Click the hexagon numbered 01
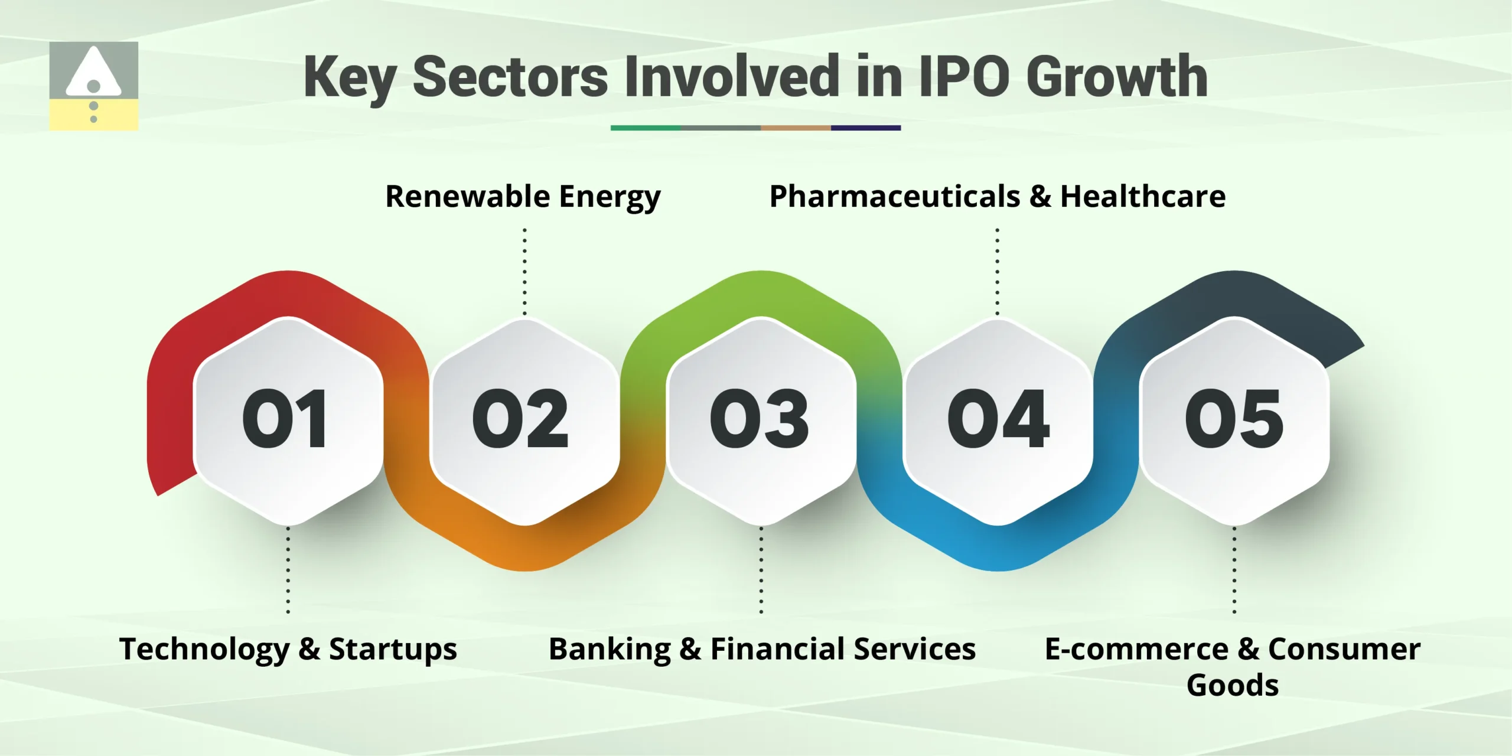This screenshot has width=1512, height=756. [x=288, y=421]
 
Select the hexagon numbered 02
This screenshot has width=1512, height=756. [x=524, y=421]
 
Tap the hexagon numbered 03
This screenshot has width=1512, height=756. [x=761, y=421]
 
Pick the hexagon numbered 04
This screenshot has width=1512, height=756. [x=998, y=421]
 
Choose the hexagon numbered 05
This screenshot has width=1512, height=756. [x=1234, y=421]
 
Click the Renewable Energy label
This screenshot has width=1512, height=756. [x=523, y=197]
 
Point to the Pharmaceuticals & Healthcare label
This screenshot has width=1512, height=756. [x=997, y=197]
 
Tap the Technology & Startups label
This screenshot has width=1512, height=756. [x=288, y=649]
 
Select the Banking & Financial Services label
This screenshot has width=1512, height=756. [x=762, y=649]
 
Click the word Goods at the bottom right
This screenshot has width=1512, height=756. [x=1233, y=685]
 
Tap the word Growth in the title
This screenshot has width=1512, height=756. [x=1117, y=77]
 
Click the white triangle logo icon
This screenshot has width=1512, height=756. [x=93, y=74]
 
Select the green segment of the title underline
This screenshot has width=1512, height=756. [x=645, y=128]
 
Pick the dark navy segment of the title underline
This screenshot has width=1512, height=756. [x=865, y=128]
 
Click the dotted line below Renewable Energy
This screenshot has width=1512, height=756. [x=524, y=272]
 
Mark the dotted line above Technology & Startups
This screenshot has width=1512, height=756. [x=288, y=570]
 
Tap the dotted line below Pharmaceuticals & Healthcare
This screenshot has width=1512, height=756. [x=998, y=272]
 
